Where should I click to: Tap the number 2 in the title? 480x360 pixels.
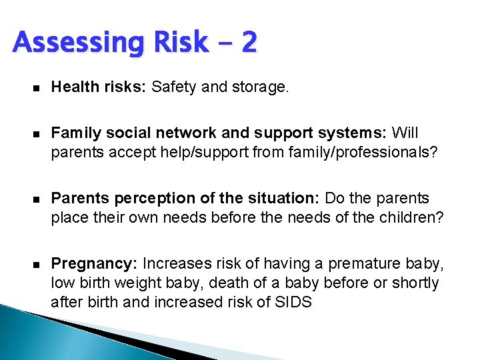248,43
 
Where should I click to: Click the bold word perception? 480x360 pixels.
143,199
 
